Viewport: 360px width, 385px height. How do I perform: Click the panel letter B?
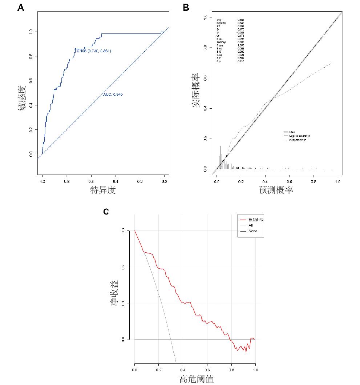tap(186, 8)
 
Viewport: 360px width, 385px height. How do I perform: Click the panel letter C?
tap(106, 212)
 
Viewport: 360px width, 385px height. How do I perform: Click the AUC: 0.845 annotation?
tap(113, 95)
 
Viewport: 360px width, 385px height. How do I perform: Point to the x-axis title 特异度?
tap(103, 189)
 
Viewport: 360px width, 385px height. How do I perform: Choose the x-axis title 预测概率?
tap(276, 189)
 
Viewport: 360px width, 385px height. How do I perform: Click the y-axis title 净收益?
tap(114, 293)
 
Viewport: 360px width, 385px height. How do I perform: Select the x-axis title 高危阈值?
tap(197, 379)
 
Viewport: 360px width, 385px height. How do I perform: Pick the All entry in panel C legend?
tap(251, 225)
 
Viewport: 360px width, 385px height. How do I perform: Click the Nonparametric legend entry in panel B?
tap(298, 140)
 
